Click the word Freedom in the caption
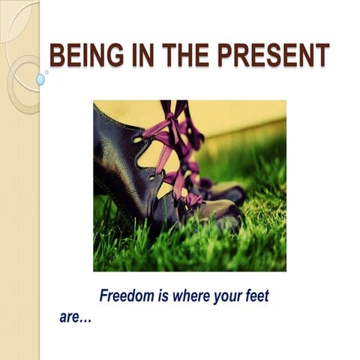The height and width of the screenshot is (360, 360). pyautogui.click(x=127, y=296)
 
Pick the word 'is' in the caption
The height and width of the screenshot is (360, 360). pyautogui.click(x=164, y=296)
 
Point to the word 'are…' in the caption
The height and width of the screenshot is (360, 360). pyautogui.click(x=75, y=316)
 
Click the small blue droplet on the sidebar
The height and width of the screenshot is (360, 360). pyautogui.click(x=40, y=79)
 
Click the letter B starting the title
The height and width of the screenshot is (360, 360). pyautogui.click(x=56, y=55)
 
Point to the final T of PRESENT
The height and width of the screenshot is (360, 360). pyautogui.click(x=322, y=55)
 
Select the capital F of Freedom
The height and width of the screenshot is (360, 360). pyautogui.click(x=104, y=296)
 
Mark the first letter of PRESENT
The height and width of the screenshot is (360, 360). pyautogui.click(x=217, y=55)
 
